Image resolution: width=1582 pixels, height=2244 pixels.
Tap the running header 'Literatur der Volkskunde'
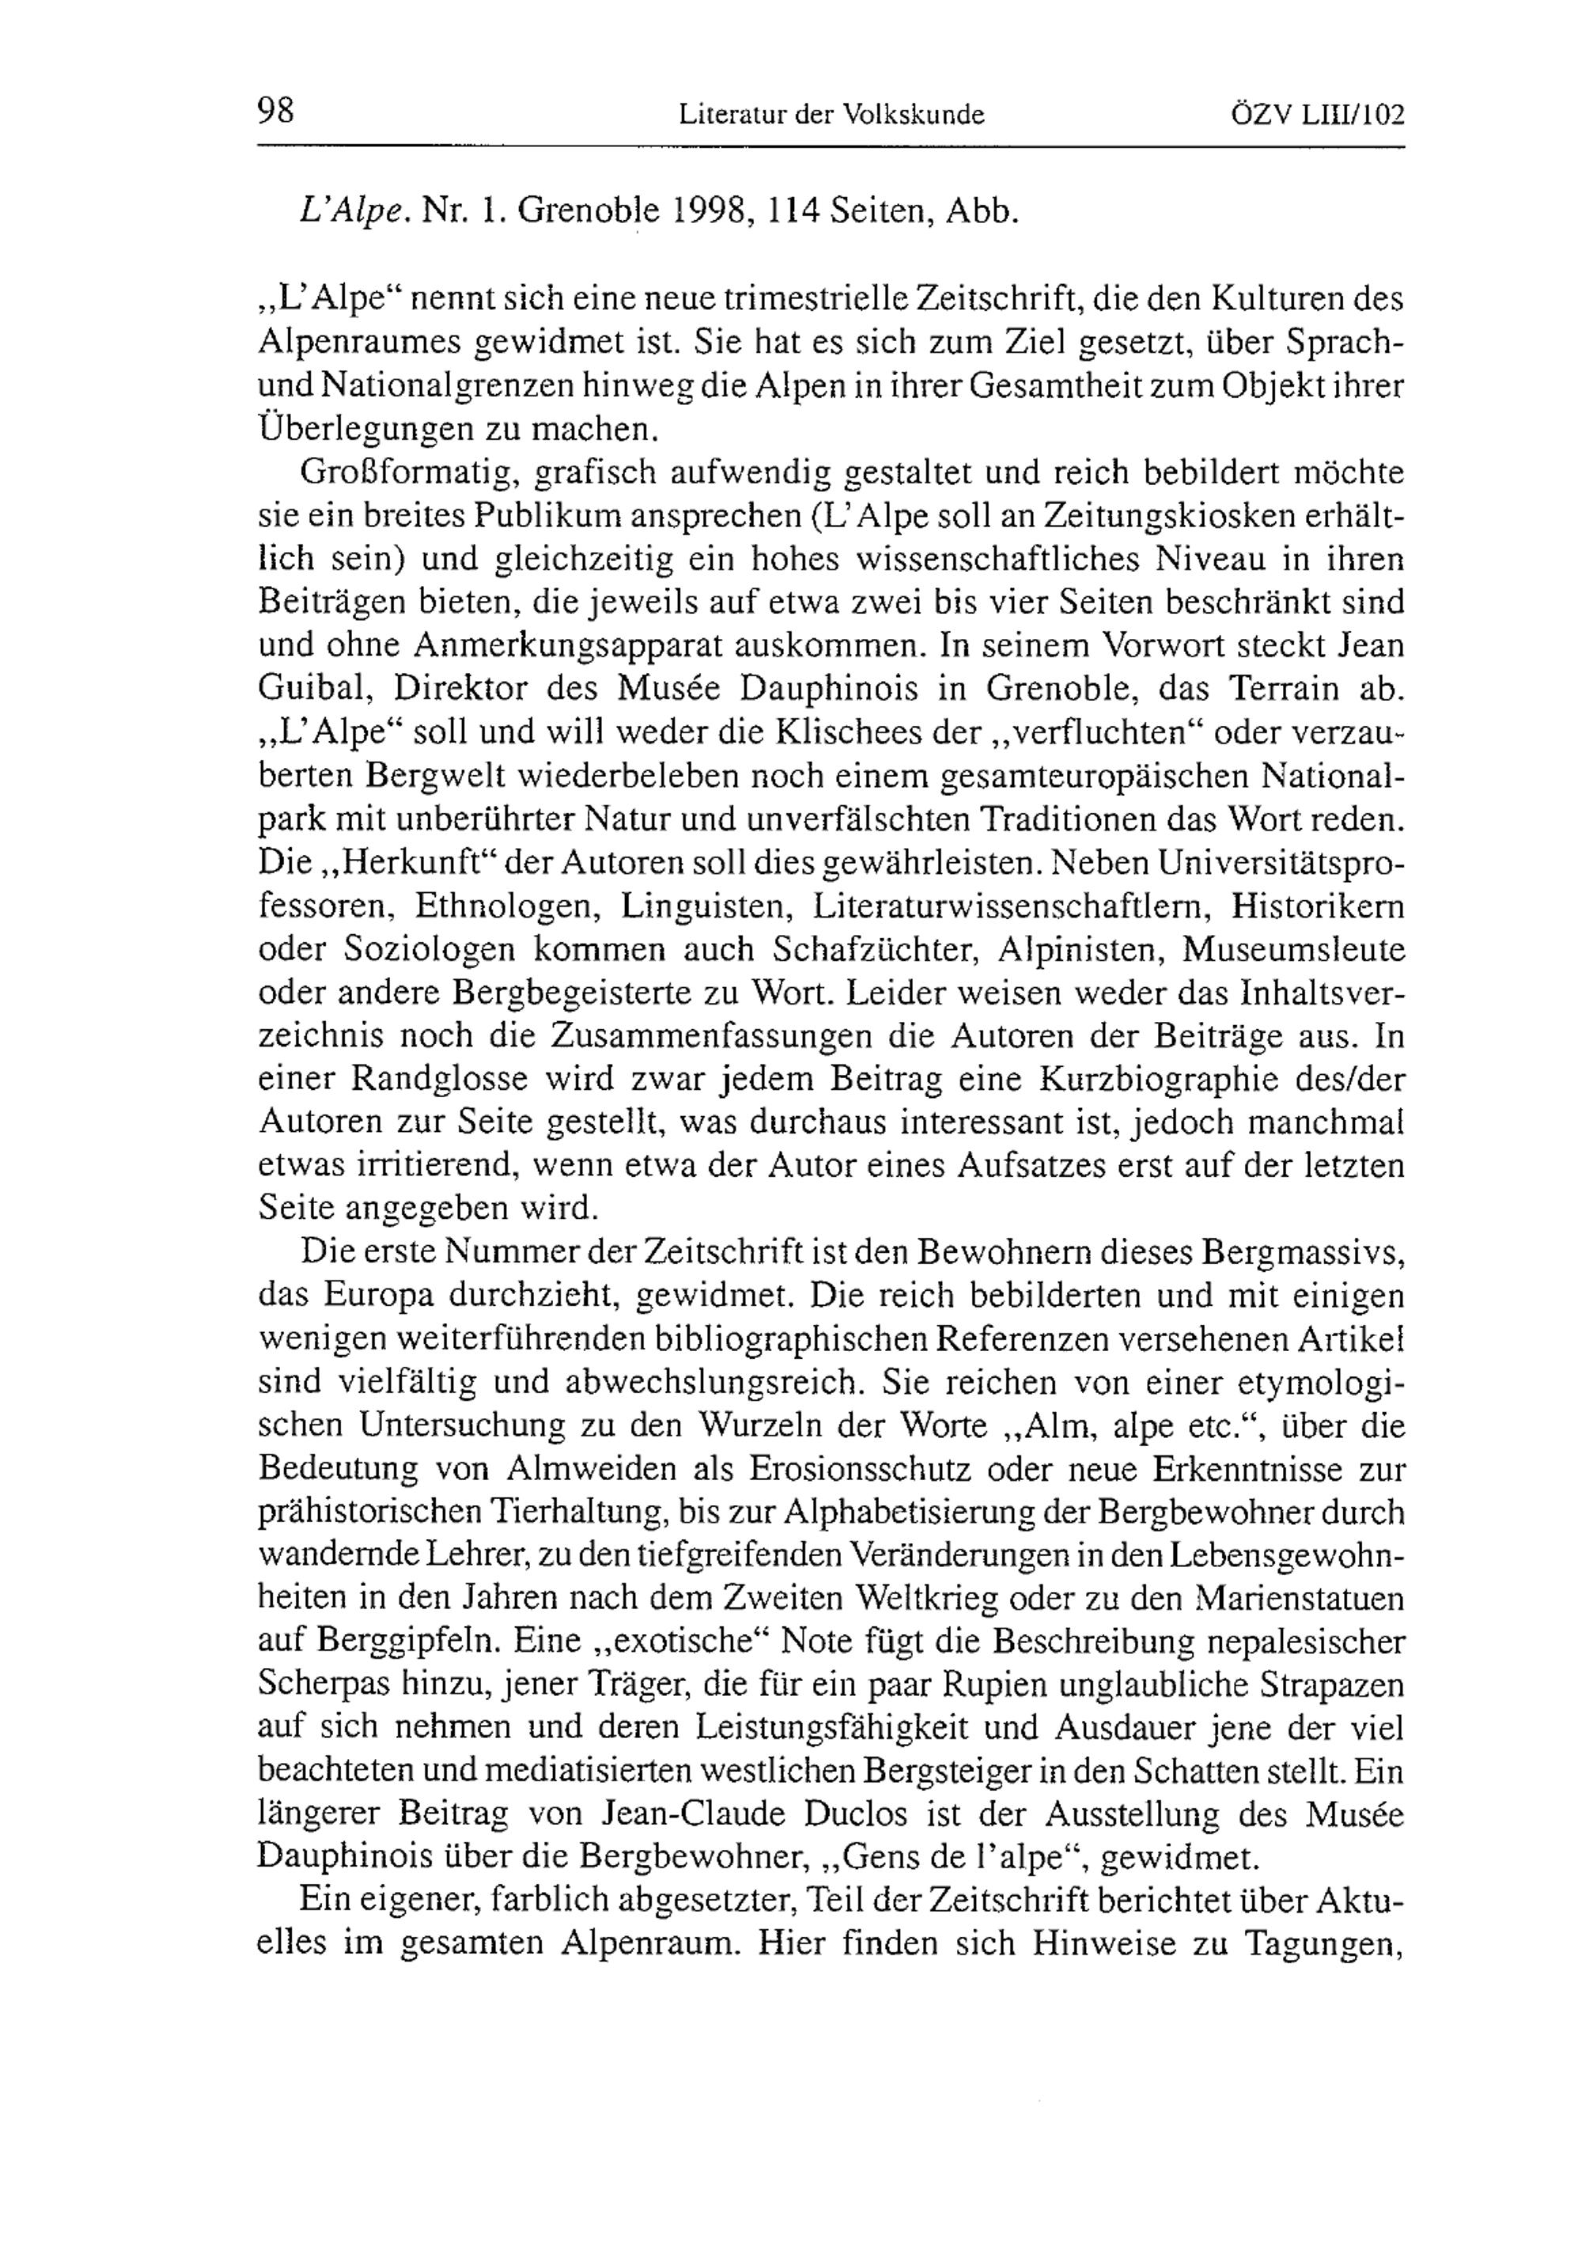[x=831, y=115]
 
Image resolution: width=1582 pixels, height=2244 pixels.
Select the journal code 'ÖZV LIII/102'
[x=1316, y=115]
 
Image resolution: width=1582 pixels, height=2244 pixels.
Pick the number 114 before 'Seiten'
[x=793, y=211]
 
